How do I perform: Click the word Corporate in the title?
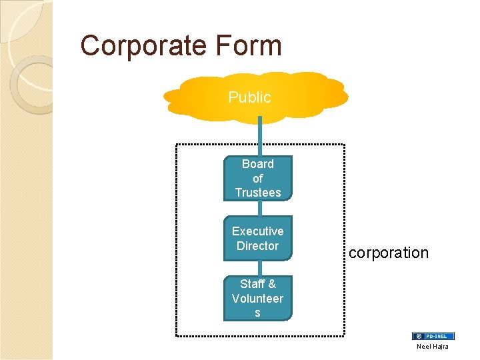pos(141,46)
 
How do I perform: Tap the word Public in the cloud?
pos(249,97)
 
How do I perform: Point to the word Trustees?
pos(257,193)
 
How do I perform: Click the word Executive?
pos(257,231)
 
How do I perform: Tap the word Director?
pos(257,246)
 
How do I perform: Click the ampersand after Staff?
pos(271,284)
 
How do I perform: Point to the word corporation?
pos(389,253)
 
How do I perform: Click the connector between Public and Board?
pos(260,136)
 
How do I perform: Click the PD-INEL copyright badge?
pos(433,337)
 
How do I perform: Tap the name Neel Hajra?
pos(433,347)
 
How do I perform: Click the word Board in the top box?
pos(257,164)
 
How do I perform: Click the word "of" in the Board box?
pos(257,179)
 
